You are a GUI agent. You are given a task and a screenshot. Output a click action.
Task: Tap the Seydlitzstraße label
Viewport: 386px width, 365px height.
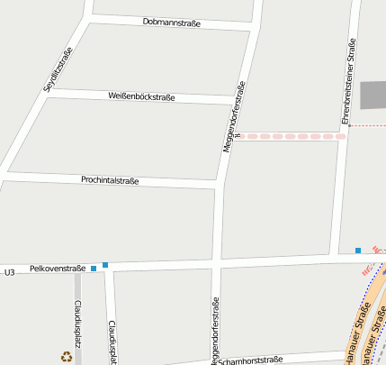pos(58,70)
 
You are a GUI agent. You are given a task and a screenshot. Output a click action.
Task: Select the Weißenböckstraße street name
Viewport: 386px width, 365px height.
pos(141,96)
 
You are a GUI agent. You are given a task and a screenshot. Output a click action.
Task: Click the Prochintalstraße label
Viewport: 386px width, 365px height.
pos(110,180)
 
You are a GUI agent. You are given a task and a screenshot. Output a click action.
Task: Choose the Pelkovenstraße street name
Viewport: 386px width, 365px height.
pos(58,268)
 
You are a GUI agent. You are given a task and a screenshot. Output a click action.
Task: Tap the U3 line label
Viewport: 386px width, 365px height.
pos(10,271)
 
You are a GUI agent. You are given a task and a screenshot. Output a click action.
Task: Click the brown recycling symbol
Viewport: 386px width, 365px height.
pos(66,355)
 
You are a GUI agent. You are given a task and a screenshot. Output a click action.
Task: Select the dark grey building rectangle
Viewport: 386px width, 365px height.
pos(373,96)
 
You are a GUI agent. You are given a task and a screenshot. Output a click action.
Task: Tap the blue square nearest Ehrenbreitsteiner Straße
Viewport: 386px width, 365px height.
pos(358,250)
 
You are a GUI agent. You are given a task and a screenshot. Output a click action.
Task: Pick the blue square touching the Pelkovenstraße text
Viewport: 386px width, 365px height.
pos(93,268)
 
